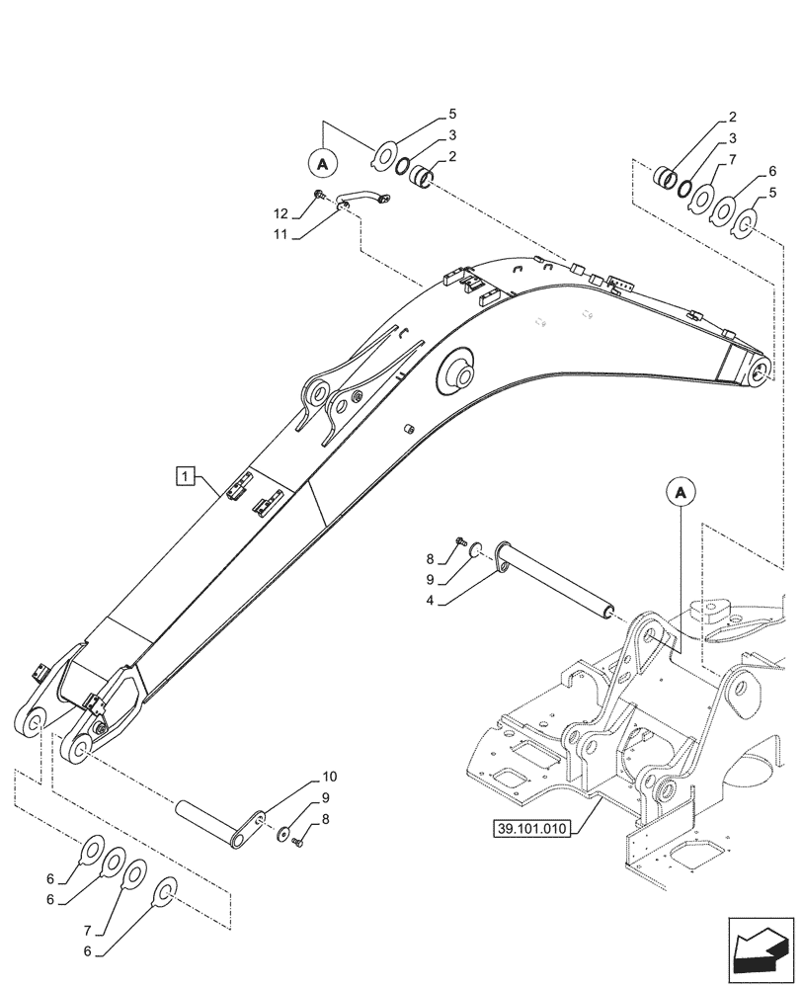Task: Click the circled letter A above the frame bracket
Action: tap(682, 491)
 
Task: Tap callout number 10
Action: tap(329, 777)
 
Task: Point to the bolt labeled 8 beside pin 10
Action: tap(300, 840)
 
